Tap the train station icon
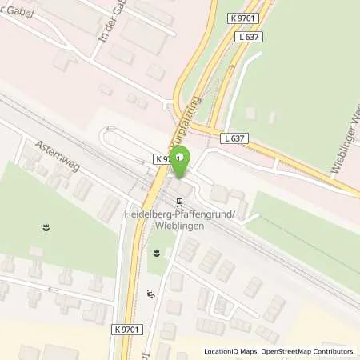(x=179, y=202)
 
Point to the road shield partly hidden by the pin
(x=163, y=159)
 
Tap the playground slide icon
(x=150, y=294)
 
